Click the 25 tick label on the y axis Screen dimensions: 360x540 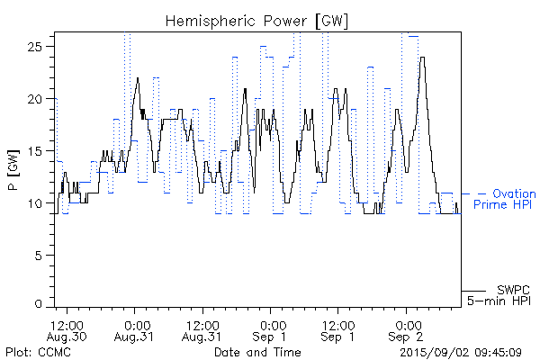coord(40,46)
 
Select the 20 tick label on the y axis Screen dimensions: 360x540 coord(40,99)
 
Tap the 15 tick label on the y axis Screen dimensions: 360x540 coord(40,151)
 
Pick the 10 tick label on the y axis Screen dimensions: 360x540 coord(40,204)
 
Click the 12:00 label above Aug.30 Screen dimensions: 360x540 coord(68,324)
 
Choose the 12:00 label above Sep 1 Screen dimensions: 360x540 coord(338,324)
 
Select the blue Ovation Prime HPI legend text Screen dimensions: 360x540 coord(504,199)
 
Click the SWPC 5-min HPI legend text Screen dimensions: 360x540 coord(500,294)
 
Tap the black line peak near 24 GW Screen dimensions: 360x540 coord(422,58)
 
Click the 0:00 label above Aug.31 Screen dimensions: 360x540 coord(136,324)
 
